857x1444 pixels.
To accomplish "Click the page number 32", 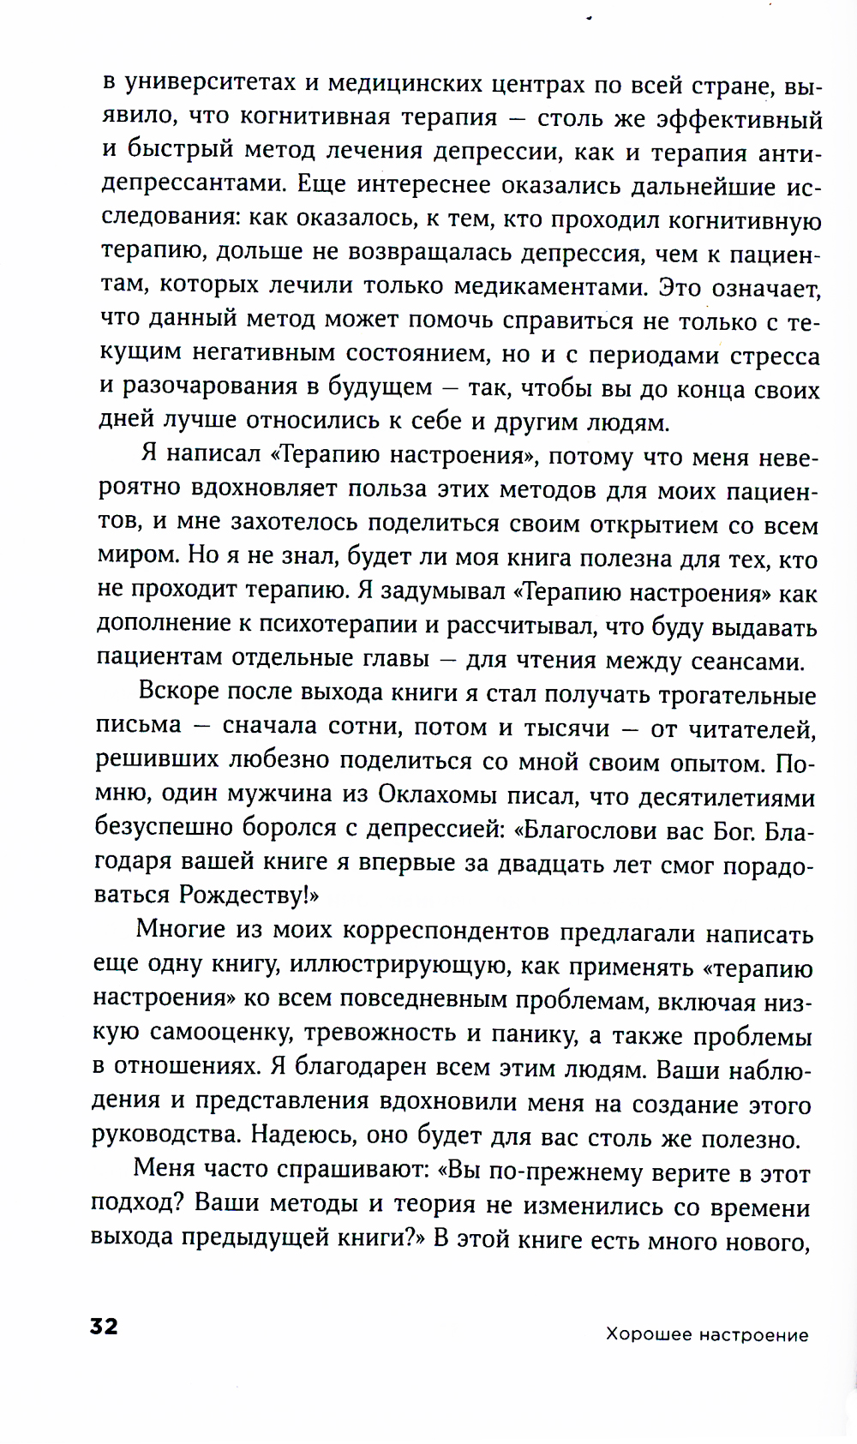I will (x=104, y=1327).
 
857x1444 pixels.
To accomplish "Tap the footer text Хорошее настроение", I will (x=707, y=1334).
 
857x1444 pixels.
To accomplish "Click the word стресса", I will (x=776, y=356).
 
